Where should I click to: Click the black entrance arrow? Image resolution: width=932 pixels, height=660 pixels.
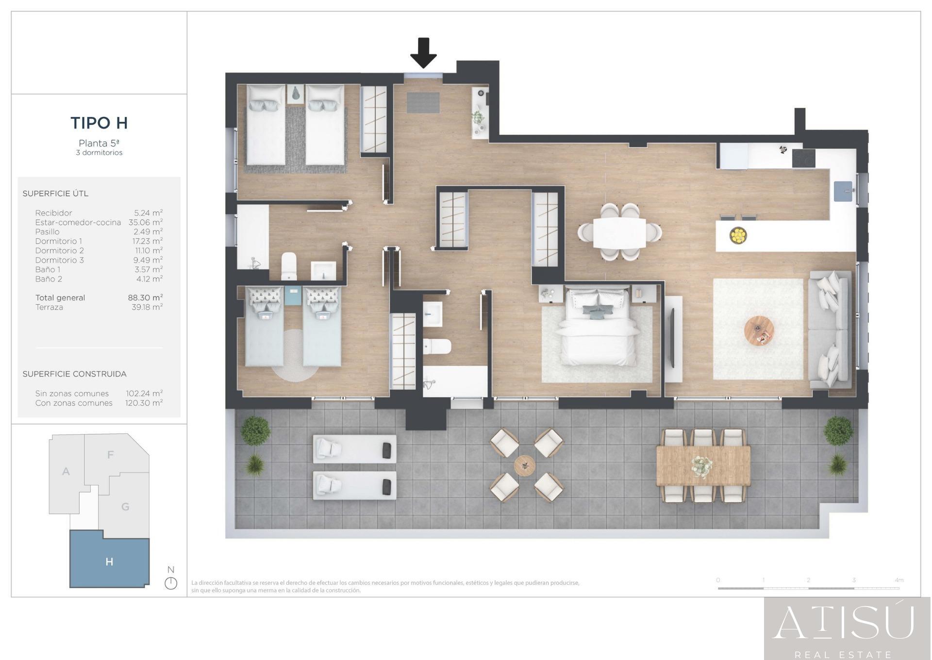click(423, 53)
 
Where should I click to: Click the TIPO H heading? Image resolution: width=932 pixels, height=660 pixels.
click(99, 123)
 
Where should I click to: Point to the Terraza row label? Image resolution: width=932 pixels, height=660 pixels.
click(49, 307)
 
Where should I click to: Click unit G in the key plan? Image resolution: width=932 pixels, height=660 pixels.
click(125, 507)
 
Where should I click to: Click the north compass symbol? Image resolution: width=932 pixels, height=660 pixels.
click(171, 583)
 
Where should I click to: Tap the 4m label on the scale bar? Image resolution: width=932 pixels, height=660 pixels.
click(899, 580)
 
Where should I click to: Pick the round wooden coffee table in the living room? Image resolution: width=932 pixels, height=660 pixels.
click(759, 331)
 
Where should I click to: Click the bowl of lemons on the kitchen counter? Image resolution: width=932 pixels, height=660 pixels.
click(738, 235)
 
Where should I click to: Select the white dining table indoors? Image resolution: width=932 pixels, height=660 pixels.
click(619, 233)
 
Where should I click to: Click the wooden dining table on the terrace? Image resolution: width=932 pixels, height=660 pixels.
click(703, 466)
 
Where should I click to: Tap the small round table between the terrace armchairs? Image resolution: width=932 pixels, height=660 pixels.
click(525, 465)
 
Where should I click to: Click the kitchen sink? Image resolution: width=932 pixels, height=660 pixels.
click(844, 191)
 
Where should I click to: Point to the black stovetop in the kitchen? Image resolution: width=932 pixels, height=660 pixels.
click(803, 158)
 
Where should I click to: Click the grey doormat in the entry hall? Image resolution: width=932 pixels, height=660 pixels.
click(423, 102)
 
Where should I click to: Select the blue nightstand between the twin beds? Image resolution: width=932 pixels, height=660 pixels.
click(293, 296)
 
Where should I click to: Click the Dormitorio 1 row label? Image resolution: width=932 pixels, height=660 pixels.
click(59, 241)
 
